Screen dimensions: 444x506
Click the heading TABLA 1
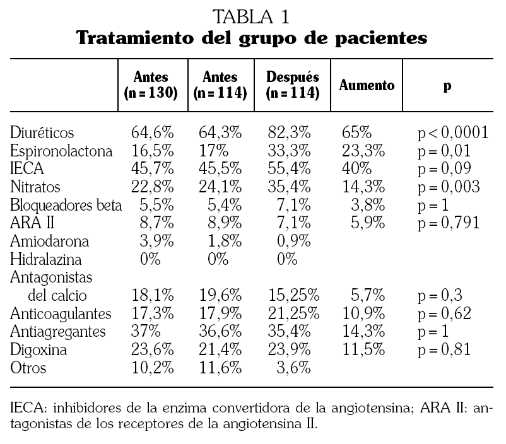click(252, 15)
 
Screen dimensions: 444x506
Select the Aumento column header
click(367, 85)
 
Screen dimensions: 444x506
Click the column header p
click(447, 85)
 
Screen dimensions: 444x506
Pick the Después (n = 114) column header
click(293, 85)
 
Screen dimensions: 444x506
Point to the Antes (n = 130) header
click(151, 85)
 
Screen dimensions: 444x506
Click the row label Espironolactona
click(62, 152)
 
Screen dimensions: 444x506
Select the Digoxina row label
click(38, 349)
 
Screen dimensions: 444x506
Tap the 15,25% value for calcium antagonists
click(295, 296)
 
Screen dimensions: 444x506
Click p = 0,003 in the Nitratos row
click(449, 187)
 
